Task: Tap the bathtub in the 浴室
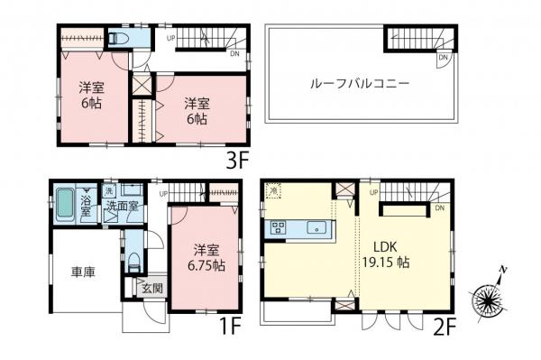(x=64, y=207)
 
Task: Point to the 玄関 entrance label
(x=151, y=289)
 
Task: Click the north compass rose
(x=491, y=296)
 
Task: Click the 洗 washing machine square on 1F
(x=107, y=191)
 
